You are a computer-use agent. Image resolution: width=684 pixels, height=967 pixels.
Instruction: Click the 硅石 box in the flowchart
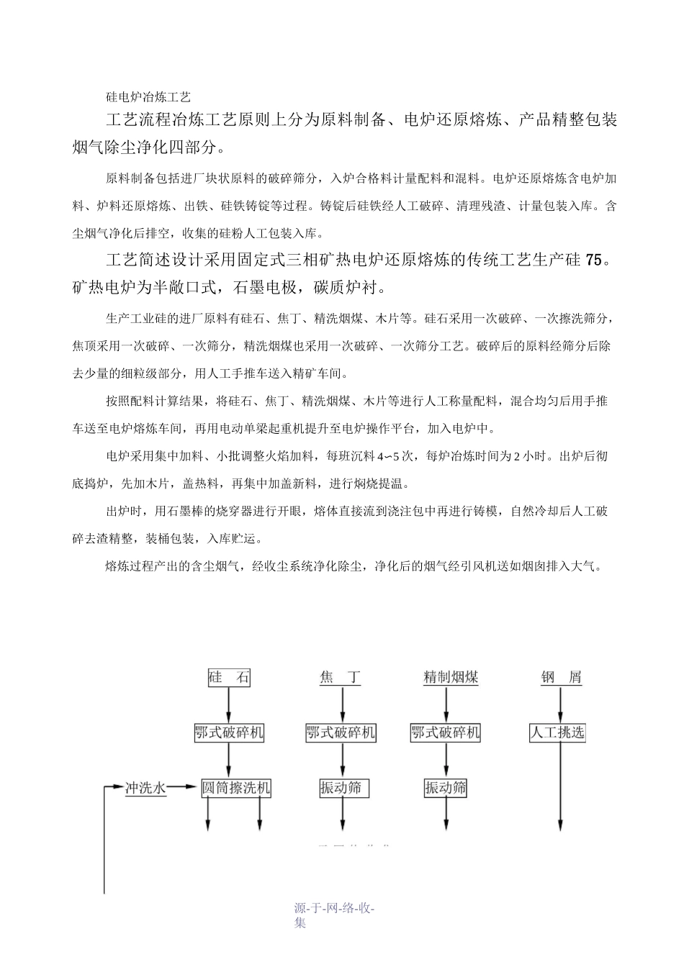coord(229,677)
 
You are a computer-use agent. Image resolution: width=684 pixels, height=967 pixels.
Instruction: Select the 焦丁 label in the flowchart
coord(341,677)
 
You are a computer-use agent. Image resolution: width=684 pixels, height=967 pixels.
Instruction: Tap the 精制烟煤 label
coord(451,677)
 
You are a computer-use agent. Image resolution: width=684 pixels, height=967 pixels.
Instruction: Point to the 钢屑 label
coord(561,677)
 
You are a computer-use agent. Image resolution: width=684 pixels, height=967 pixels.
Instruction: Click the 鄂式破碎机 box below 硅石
coord(229,733)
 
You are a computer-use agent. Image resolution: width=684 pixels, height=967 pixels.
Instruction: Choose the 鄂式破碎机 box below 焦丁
coord(341,733)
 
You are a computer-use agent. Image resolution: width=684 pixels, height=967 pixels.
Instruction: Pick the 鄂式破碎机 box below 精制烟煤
coord(446,733)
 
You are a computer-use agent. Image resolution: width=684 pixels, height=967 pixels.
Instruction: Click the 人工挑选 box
coord(557,733)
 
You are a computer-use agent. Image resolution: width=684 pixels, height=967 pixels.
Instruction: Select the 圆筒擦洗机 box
coord(235,788)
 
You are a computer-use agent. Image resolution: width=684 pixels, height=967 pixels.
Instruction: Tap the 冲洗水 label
coord(145,788)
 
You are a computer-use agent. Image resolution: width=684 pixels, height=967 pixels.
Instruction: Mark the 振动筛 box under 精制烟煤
coord(446,788)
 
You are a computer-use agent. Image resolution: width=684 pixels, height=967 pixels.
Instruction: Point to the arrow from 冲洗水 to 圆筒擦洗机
coord(184,788)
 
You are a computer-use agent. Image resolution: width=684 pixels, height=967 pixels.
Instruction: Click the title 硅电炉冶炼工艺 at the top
coord(148,96)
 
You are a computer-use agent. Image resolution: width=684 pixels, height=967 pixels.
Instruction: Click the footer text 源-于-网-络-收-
coord(336,908)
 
